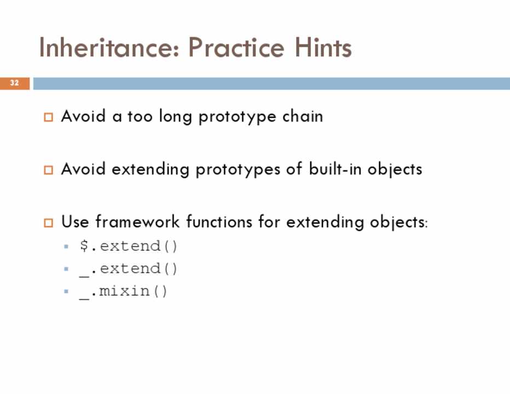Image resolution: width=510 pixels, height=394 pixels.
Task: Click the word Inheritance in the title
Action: [109, 48]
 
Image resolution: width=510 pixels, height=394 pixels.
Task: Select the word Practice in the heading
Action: [236, 48]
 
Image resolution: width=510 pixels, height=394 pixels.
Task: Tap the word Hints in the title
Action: [323, 48]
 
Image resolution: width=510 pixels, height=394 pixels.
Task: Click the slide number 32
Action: [14, 83]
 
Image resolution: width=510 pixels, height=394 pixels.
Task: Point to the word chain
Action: [303, 117]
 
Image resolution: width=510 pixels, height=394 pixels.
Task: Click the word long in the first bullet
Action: [175, 117]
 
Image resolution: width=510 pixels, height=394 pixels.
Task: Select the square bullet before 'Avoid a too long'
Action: [49, 117]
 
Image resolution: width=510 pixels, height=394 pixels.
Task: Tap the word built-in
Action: [335, 169]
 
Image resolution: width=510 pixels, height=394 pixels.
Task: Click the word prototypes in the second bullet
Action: [237, 170]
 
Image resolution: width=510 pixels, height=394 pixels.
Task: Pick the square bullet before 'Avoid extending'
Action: [49, 170]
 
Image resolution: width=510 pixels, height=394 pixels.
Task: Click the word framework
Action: [137, 222]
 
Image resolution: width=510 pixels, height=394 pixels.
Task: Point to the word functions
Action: [219, 222]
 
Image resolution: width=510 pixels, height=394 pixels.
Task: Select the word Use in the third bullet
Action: [75, 222]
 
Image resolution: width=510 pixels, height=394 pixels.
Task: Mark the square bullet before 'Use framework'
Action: [49, 223]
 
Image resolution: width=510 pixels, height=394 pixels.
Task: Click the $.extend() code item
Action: [128, 246]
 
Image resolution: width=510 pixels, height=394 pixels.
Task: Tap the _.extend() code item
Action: [128, 269]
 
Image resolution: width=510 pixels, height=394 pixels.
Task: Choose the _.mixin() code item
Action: [123, 292]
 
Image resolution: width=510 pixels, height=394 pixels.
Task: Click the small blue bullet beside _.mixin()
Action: [66, 291]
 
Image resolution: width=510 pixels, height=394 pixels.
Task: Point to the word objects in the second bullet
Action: [395, 170]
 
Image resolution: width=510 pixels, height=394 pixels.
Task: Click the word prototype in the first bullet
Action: [237, 117]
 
